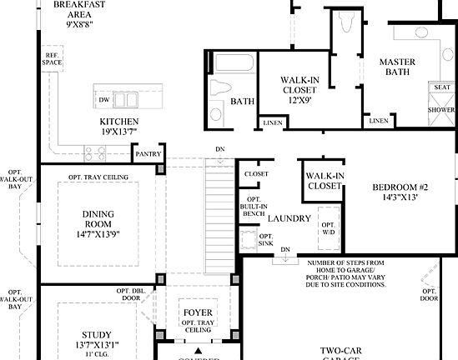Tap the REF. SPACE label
[53, 60]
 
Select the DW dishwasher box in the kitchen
[103, 100]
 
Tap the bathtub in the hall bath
[230, 65]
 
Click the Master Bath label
[398, 67]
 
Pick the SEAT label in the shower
[440, 87]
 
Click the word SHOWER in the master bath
[441, 109]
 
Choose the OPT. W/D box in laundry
[330, 228]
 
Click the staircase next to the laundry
[219, 217]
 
